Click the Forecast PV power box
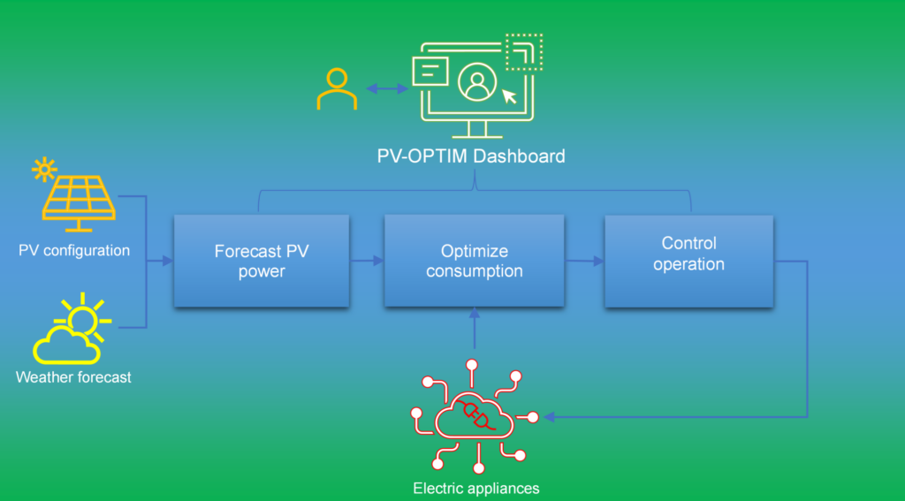(262, 261)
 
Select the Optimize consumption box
(475, 261)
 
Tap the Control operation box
(688, 262)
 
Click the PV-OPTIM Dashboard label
(471, 156)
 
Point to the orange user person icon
(337, 89)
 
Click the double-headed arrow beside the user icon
(387, 88)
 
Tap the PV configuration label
(74, 251)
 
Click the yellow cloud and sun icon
(72, 328)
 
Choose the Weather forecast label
(73, 377)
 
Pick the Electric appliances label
(476, 489)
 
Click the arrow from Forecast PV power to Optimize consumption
(367, 261)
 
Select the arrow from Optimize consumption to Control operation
(584, 262)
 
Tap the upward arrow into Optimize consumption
(475, 328)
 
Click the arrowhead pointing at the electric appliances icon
(549, 417)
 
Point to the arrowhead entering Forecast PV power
(168, 261)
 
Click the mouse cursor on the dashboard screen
(509, 95)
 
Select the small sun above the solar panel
(44, 170)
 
